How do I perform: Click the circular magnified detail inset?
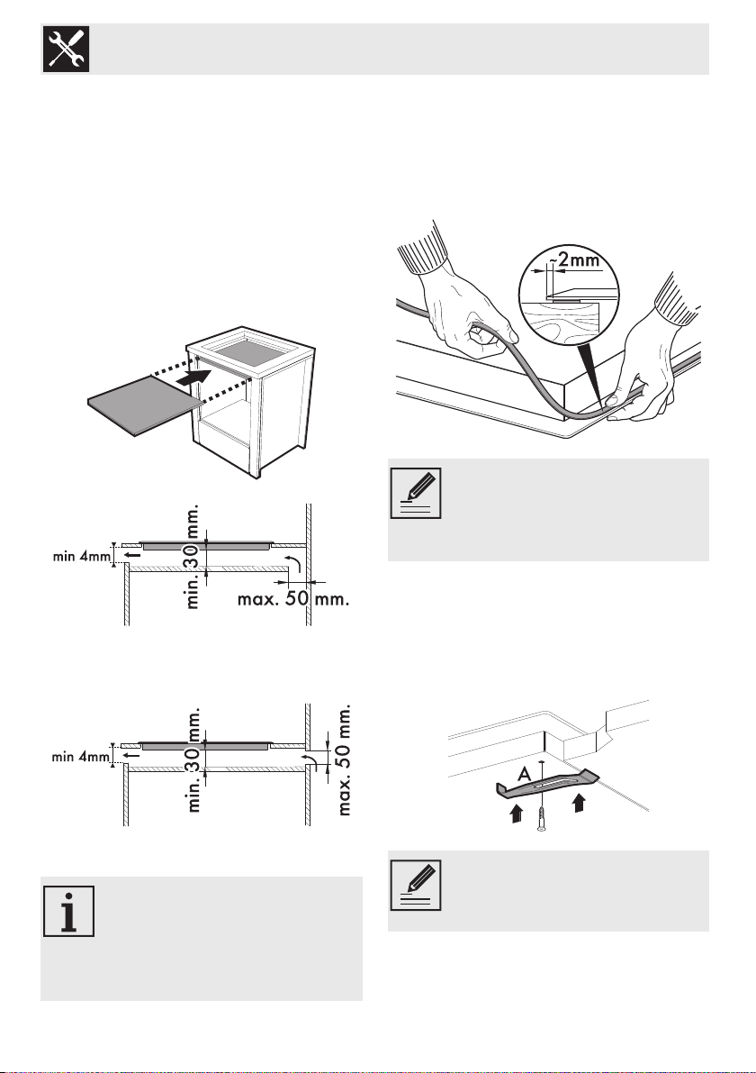[x=569, y=298]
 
